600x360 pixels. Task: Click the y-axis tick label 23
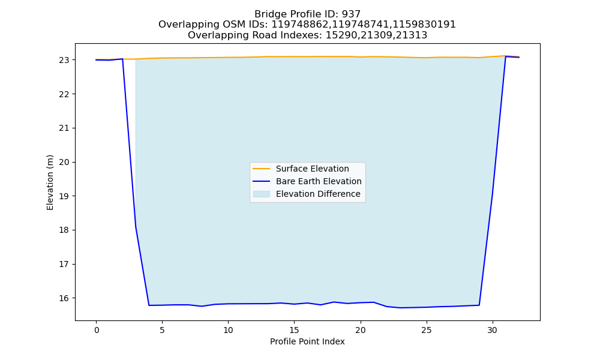(64, 60)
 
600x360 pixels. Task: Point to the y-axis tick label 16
(64, 298)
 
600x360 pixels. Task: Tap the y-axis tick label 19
(64, 196)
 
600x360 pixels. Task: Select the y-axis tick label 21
(64, 128)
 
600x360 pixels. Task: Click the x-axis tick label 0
(97, 330)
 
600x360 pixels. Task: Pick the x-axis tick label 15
(294, 330)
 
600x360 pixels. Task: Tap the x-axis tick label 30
(493, 330)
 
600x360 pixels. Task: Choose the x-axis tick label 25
(426, 330)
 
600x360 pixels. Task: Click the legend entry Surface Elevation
(312, 169)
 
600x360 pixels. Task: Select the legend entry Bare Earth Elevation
(319, 181)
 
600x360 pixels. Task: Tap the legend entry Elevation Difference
(318, 194)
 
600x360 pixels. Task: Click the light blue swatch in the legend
(262, 194)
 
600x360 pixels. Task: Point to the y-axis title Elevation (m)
(50, 182)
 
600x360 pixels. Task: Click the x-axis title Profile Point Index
(307, 341)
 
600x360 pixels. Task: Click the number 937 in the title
(351, 14)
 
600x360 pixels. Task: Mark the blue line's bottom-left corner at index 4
(149, 305)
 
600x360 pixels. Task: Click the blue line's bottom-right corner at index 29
(479, 305)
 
